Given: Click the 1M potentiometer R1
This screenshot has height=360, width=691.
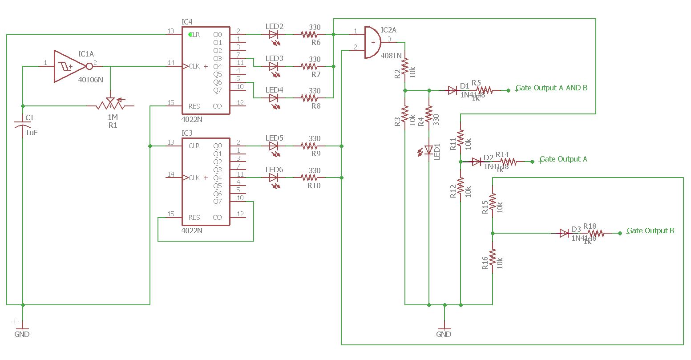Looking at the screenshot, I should (x=110, y=106).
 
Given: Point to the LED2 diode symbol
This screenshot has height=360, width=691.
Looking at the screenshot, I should (x=274, y=34).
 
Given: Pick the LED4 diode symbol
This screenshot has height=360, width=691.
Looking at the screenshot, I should (x=274, y=98).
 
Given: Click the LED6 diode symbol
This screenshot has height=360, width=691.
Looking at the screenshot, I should (x=274, y=178).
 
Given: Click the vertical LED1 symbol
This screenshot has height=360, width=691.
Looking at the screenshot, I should (x=429, y=150).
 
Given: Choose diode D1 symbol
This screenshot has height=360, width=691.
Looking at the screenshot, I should (x=453, y=90).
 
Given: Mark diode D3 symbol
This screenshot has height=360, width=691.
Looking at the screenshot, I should (x=564, y=233).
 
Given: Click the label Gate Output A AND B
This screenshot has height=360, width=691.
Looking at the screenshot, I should (x=552, y=88).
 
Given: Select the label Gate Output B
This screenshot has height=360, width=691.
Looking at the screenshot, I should (x=651, y=231).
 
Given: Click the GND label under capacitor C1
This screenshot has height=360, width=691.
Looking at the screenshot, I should (x=22, y=334).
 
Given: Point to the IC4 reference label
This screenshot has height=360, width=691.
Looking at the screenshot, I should (x=187, y=22).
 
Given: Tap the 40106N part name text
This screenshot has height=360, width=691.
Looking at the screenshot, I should (x=90, y=80).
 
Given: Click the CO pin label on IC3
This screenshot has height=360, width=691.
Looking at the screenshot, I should (x=217, y=218).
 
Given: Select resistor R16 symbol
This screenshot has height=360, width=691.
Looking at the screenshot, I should (x=493, y=258).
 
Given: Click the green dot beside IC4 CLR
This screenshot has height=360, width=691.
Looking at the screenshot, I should (x=191, y=34).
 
